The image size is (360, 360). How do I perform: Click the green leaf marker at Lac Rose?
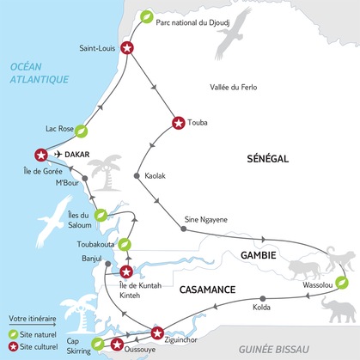click(x=82, y=131)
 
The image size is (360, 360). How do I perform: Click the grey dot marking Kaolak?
click(x=137, y=176)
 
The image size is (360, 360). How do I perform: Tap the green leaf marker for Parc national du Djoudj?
click(x=148, y=17)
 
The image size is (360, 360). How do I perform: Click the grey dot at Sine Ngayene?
click(x=185, y=229)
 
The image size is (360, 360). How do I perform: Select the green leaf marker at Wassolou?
click(x=341, y=281)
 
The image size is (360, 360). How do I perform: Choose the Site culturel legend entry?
click(x=36, y=345)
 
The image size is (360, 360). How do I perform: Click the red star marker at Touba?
click(x=179, y=123)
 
